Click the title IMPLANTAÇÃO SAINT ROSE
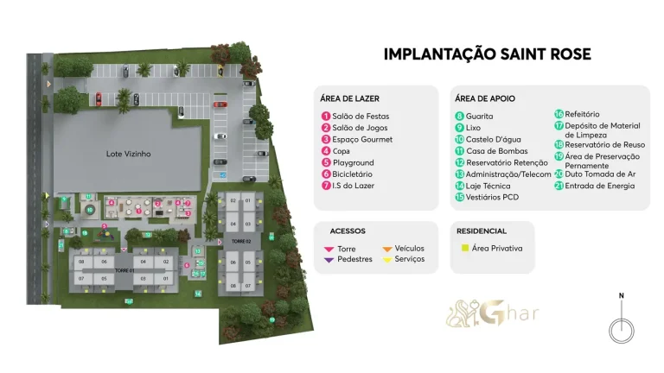click(487, 54)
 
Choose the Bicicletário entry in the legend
click(353, 174)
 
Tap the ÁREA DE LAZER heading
click(350, 98)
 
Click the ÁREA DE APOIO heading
click(485, 98)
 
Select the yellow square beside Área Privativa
click(464, 249)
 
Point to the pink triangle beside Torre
click(329, 249)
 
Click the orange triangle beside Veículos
click(387, 249)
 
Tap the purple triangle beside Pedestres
click(329, 259)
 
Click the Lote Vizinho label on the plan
click(128, 154)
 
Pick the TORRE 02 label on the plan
click(240, 240)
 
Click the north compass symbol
click(620, 329)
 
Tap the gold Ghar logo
click(492, 313)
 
